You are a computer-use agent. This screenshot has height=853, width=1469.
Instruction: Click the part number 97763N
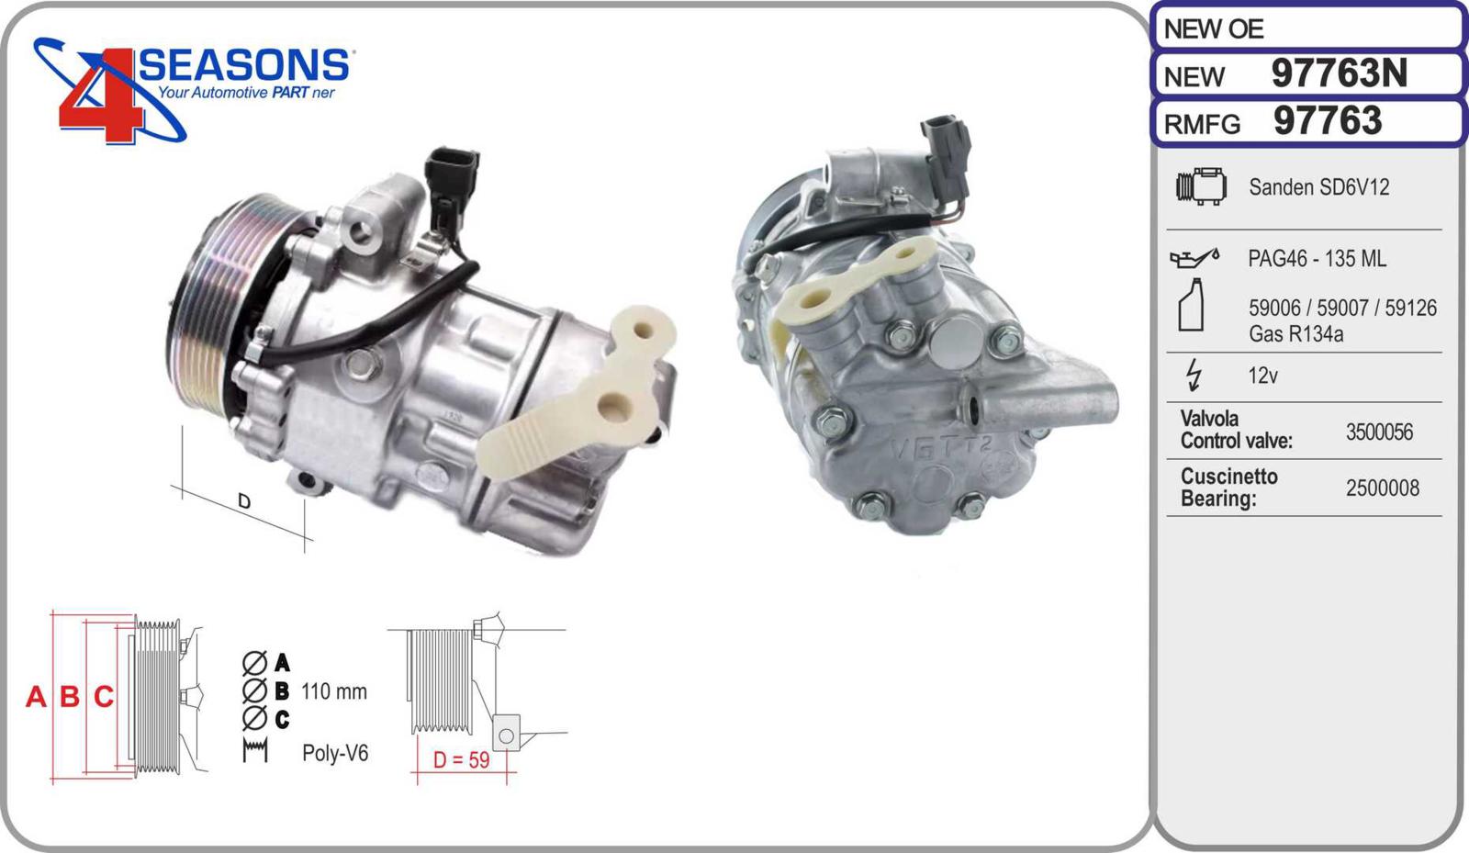pos(1340,73)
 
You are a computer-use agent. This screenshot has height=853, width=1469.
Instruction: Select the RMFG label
pos(1202,124)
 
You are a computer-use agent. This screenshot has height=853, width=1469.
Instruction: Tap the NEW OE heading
pos(1213,29)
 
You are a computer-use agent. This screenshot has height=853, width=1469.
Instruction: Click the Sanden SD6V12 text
pos(1318,187)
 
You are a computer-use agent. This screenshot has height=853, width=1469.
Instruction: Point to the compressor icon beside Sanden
pos(1202,186)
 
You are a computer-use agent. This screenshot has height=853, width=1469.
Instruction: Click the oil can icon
pos(1194,258)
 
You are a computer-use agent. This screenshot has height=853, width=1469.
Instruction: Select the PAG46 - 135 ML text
pos(1317,259)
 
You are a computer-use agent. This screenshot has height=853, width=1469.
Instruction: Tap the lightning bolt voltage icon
pos(1194,375)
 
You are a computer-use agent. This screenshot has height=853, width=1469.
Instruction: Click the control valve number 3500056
pos(1379,432)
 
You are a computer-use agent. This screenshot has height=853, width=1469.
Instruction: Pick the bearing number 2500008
pos(1383,488)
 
